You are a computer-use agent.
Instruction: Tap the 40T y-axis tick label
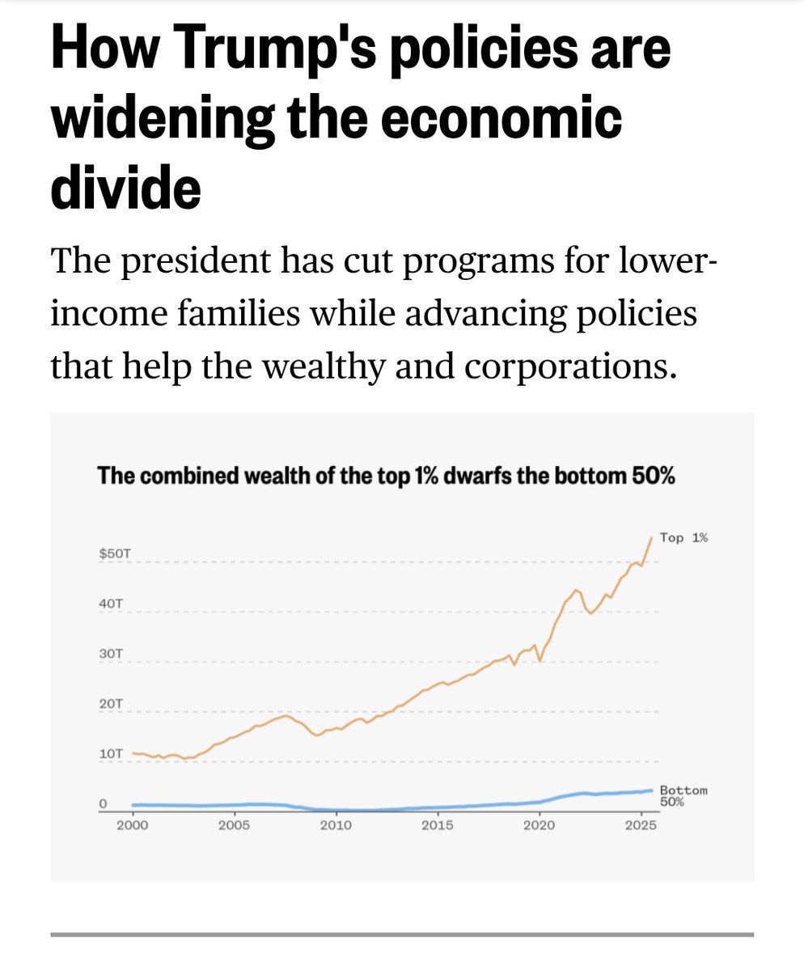coord(111,604)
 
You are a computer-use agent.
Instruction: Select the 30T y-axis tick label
coord(111,653)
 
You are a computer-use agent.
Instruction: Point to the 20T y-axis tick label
coord(111,704)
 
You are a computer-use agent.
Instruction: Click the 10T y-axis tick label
coord(111,753)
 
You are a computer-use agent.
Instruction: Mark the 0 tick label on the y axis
coord(104,804)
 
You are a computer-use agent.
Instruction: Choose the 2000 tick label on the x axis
coord(132,825)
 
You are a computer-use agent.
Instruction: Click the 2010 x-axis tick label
coord(335,825)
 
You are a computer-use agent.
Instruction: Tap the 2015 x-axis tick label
coord(437,825)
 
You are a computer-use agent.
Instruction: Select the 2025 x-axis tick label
coord(640,825)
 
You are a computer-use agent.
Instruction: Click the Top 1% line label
coord(683,537)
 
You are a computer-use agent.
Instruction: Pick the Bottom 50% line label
coord(683,795)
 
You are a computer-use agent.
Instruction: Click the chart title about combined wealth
coord(386,476)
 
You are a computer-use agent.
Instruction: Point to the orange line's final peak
coord(652,537)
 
